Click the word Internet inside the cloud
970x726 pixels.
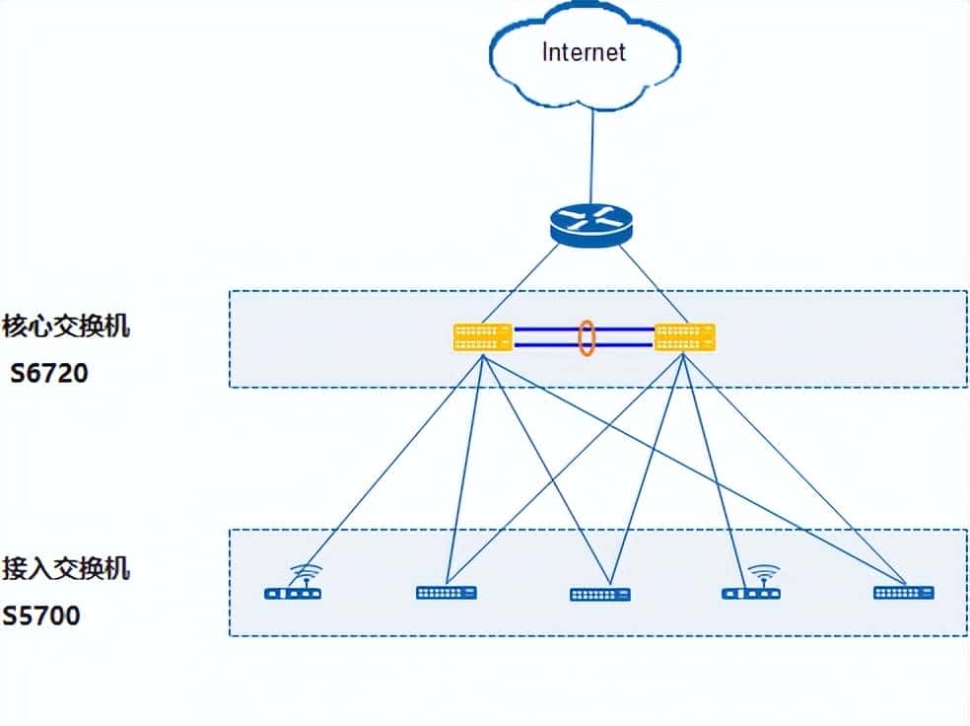(x=584, y=51)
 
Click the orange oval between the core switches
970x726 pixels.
(x=586, y=337)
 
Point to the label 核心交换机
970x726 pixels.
(x=66, y=327)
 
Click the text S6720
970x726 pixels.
(x=49, y=373)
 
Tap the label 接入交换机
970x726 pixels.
(x=66, y=569)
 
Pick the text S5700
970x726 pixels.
(x=41, y=617)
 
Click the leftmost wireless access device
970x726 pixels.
(x=294, y=593)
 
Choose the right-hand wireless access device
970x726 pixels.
(x=751, y=593)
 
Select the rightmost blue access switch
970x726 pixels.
(x=903, y=593)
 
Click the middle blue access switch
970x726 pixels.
(x=599, y=595)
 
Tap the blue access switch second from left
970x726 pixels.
(x=447, y=593)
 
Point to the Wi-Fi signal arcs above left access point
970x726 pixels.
(x=307, y=571)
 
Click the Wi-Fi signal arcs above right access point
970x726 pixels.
(x=763, y=571)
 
